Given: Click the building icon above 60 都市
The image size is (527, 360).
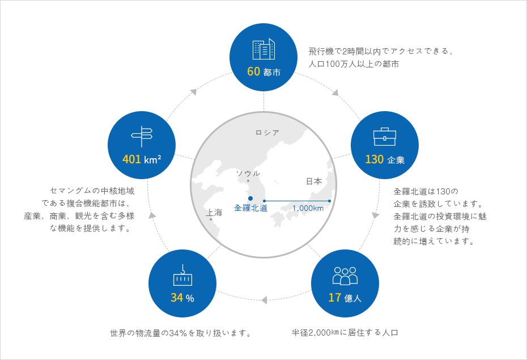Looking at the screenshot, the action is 263,49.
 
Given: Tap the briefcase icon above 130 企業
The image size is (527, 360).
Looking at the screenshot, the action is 385,137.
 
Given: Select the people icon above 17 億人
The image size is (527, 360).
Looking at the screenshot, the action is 345,276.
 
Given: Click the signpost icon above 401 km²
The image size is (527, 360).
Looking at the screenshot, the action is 142,137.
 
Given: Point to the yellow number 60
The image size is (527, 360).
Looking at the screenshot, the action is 254,71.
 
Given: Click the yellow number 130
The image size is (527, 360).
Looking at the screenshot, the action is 375,159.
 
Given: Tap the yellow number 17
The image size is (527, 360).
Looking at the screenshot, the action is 335,298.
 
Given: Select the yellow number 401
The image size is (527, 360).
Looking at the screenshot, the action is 131,159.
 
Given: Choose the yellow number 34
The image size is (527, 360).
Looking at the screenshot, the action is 177,298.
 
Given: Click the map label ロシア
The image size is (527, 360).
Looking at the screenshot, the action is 267,133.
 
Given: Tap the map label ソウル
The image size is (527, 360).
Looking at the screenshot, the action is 248,173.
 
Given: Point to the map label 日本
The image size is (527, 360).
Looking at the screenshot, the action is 314,181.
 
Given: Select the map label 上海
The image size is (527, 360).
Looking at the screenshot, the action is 214,213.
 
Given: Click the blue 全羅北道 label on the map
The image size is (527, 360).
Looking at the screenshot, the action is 250,208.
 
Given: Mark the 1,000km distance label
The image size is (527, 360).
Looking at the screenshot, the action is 308,208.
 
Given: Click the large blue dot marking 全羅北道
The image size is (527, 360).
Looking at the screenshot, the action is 250,198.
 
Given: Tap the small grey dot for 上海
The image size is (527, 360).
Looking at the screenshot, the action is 211,219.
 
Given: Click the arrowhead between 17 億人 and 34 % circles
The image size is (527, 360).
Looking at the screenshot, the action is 264,300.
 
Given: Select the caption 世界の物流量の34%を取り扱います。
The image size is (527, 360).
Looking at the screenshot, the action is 181,333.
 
